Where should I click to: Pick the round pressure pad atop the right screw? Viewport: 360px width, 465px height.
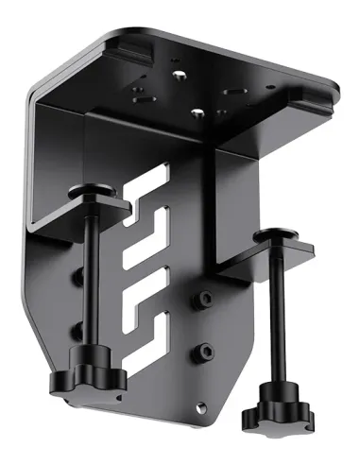[x=275, y=233]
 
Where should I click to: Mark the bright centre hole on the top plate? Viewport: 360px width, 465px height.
[x=196, y=112]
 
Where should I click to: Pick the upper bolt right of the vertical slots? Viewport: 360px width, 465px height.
[x=200, y=301]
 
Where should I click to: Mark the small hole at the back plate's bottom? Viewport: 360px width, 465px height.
[x=197, y=408]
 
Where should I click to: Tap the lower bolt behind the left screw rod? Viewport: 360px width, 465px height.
[x=77, y=329]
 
